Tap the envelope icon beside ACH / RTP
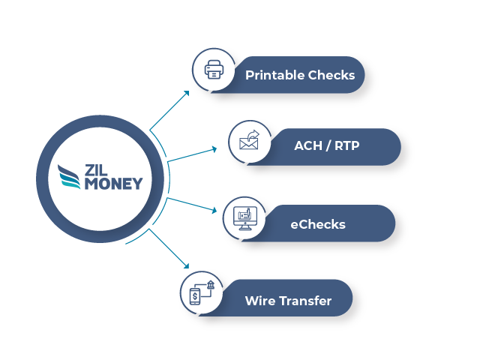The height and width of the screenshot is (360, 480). coord(248,142)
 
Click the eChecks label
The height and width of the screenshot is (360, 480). coord(318,223)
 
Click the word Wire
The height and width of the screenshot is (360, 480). coord(259,301)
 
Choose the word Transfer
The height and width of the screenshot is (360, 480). coord(305,301)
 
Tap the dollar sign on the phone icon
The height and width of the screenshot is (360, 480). coord(195,297)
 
